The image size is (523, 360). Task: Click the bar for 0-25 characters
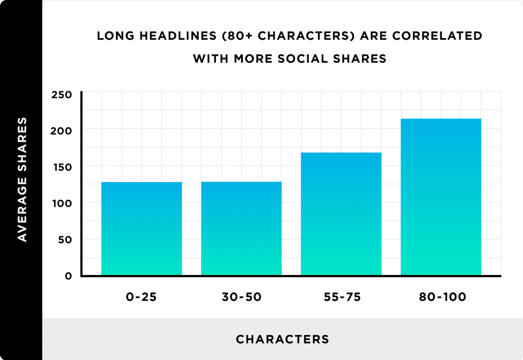point(142,229)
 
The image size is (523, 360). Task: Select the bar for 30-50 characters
point(241,229)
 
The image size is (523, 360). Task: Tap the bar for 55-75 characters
point(341,214)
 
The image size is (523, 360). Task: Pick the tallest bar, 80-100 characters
point(441,197)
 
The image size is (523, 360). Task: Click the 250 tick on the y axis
point(62,95)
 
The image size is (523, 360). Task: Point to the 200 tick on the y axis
point(62,131)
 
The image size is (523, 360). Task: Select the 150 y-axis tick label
point(62,167)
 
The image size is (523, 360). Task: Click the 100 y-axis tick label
point(62,204)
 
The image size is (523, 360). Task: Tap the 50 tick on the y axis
point(65,240)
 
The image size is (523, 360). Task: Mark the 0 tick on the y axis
point(68,276)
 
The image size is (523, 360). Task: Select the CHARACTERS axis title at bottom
point(282,340)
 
